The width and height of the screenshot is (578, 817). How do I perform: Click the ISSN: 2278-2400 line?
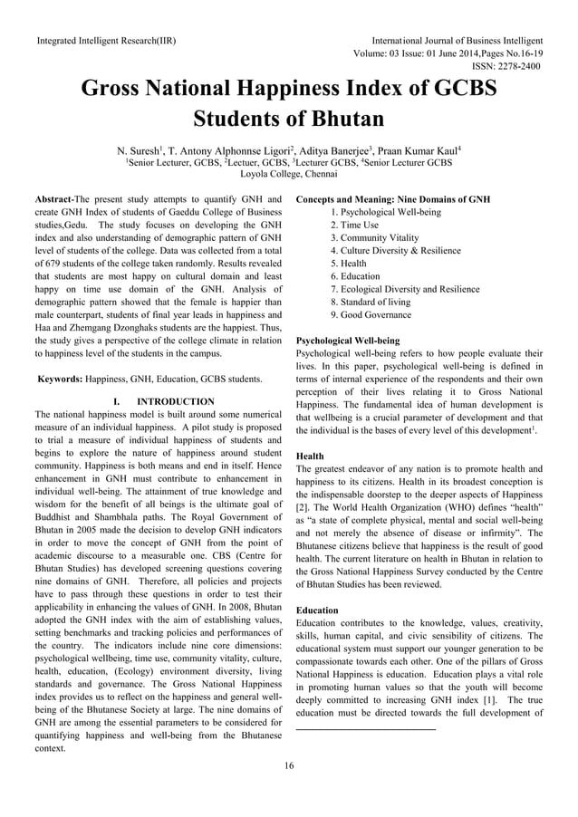tap(507, 66)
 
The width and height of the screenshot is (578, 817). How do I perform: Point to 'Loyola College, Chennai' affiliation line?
tap(289, 176)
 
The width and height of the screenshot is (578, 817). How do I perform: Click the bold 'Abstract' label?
tap(53, 197)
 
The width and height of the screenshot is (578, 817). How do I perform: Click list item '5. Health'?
tap(349, 263)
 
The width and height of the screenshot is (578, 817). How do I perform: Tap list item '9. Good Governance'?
tap(371, 314)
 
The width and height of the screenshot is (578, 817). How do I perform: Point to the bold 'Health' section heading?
tap(311, 457)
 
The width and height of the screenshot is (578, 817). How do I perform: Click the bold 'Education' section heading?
tap(317, 610)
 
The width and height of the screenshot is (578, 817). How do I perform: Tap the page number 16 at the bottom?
tap(288, 767)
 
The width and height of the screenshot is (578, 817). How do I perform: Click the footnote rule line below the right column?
tap(366, 729)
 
